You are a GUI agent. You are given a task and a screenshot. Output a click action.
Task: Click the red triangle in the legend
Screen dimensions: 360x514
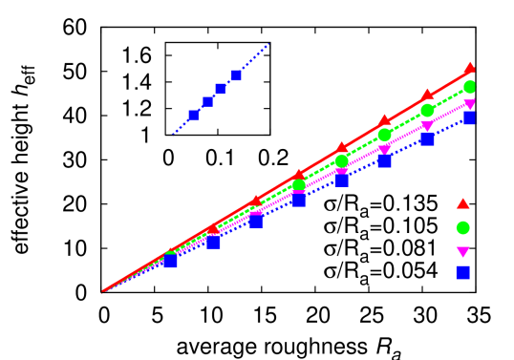tap(462, 203)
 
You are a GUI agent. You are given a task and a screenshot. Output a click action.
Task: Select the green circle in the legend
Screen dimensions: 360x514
tap(462, 228)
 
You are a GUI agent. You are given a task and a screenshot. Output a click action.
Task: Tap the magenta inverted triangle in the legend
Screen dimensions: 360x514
tap(462, 252)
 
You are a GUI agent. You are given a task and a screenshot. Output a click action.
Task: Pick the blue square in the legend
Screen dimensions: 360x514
tap(462, 273)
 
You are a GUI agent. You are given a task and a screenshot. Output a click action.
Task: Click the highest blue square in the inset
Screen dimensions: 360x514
tap(236, 75)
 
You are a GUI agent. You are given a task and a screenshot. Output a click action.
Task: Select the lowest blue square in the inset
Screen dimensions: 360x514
tap(193, 116)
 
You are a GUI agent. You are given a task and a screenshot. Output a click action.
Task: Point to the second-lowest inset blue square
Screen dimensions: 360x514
tap(207, 101)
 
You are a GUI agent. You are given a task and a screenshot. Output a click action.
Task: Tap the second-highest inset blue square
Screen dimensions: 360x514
tap(221, 89)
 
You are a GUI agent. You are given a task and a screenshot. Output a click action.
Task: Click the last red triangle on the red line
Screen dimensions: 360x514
tap(469, 68)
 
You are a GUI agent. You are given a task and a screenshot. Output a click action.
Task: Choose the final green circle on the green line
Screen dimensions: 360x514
tap(469, 87)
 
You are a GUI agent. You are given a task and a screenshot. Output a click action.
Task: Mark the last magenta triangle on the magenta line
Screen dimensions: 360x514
tap(469, 104)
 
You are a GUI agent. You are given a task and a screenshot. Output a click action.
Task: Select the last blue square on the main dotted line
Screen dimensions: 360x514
tap(469, 118)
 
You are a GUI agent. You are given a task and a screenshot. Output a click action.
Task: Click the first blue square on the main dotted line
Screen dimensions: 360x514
tap(170, 262)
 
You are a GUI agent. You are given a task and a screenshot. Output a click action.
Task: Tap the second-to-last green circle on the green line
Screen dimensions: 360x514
tap(427, 111)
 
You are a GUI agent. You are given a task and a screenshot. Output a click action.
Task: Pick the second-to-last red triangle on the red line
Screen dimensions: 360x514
tap(427, 95)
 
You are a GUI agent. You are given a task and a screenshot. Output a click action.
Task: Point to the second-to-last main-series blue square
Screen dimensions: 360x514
tap(427, 139)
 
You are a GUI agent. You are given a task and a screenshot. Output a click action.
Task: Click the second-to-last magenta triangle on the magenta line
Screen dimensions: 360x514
tap(427, 126)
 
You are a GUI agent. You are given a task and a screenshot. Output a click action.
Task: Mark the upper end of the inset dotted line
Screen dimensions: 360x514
tap(269, 43)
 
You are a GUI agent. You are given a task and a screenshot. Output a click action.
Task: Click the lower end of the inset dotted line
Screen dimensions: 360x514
tap(172, 135)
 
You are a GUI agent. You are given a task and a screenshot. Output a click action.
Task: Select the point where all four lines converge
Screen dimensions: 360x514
tap(103, 291)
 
